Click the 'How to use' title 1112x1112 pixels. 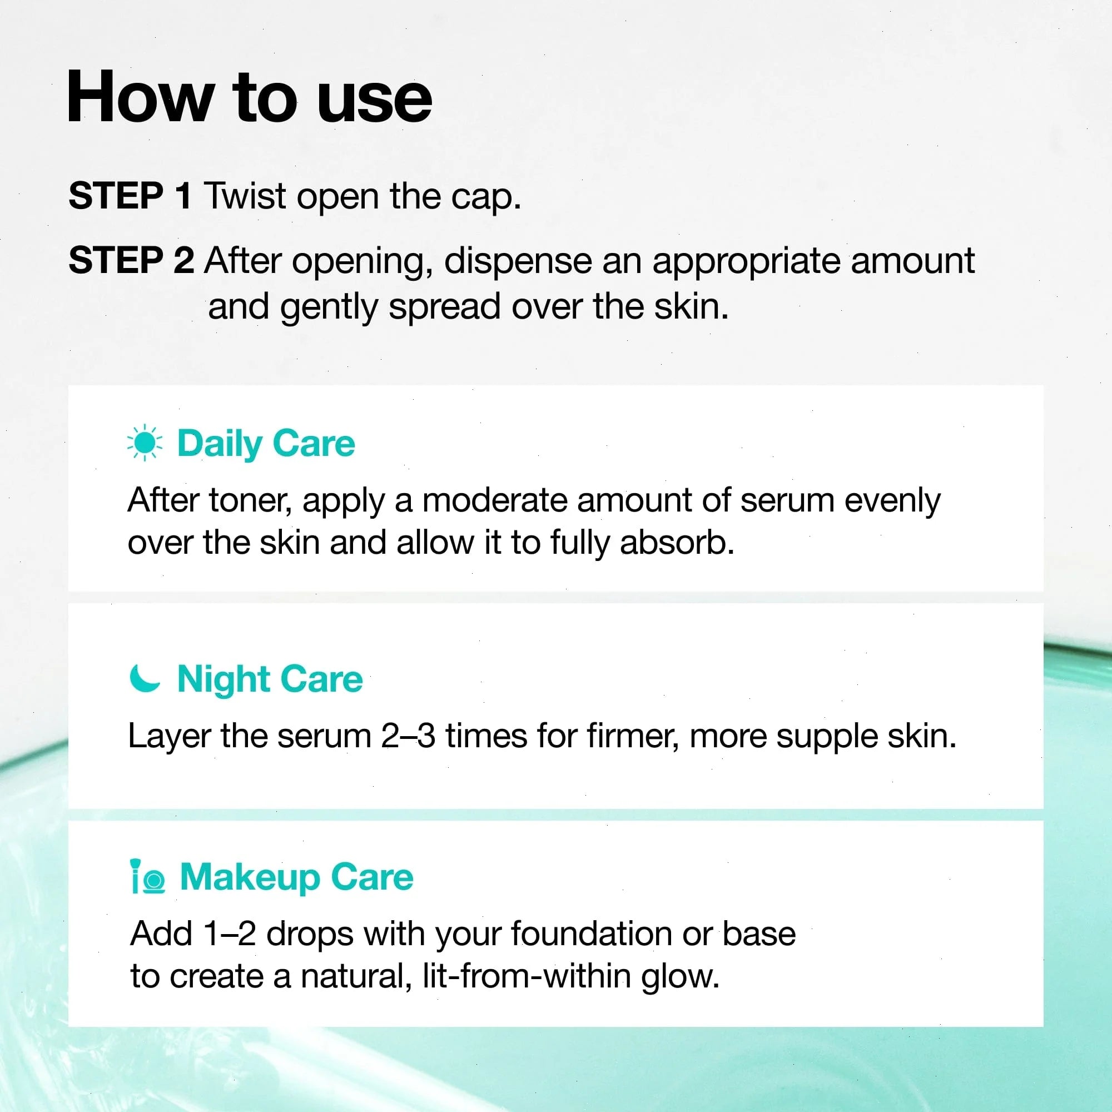pyautogui.click(x=249, y=97)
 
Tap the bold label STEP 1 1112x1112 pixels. pyautogui.click(x=130, y=196)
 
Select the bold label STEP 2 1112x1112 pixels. pyautogui.click(x=131, y=260)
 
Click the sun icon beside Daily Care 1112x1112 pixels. pyautogui.click(x=145, y=443)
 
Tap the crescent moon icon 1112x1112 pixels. pyautogui.click(x=145, y=678)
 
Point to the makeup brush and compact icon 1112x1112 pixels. pyautogui.click(x=148, y=877)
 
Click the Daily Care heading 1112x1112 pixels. pyautogui.click(x=266, y=444)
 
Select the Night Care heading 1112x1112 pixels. pyautogui.click(x=270, y=680)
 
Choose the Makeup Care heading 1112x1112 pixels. pyautogui.click(x=297, y=878)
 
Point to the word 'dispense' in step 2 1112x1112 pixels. pyautogui.click(x=518, y=261)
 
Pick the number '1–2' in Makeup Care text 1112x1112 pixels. pyautogui.click(x=230, y=934)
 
